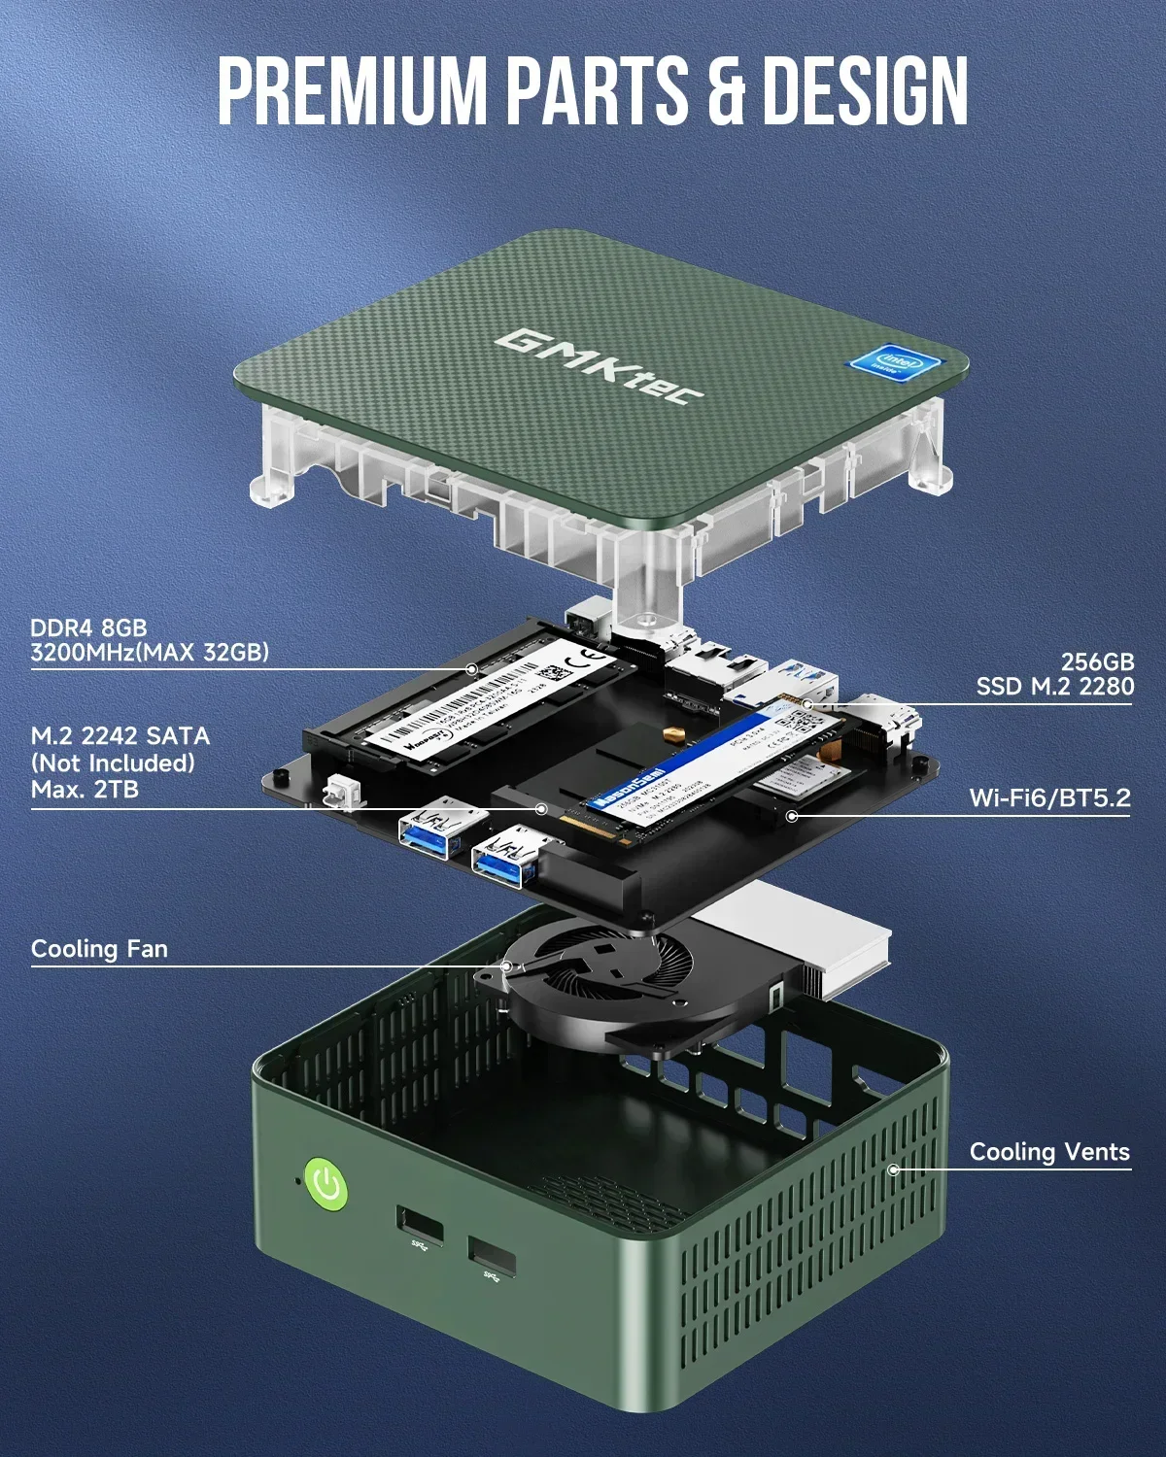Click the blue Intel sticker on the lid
(x=896, y=364)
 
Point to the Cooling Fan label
(x=99, y=949)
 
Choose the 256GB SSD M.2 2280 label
(x=1055, y=674)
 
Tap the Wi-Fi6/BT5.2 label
(x=1049, y=798)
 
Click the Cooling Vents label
(x=1049, y=1152)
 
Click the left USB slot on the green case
(x=419, y=1226)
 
